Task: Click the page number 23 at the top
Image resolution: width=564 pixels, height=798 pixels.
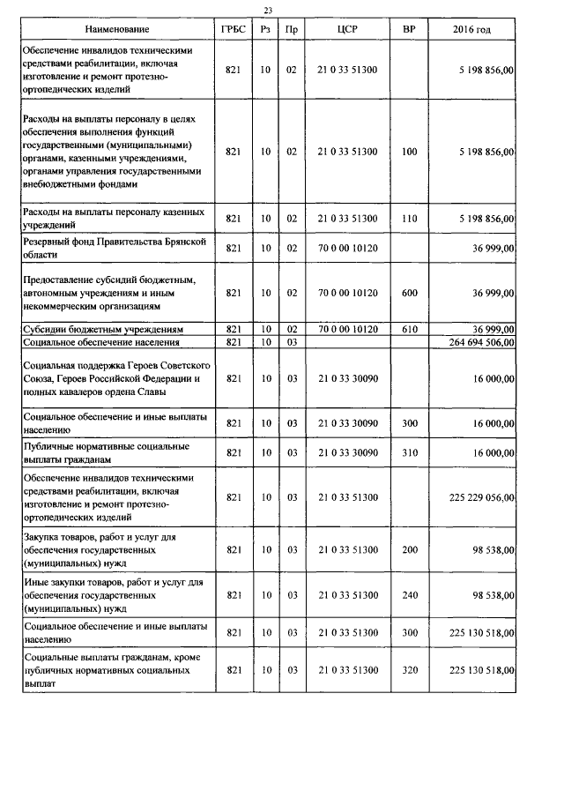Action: (x=269, y=10)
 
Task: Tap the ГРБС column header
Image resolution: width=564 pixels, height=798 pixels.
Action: (x=233, y=30)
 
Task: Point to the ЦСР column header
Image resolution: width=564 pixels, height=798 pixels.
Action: (x=347, y=30)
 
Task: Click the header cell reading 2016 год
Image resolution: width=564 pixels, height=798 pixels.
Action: (x=471, y=30)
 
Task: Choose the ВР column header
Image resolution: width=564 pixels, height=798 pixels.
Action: (x=409, y=30)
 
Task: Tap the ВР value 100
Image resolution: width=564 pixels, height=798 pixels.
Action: (x=409, y=152)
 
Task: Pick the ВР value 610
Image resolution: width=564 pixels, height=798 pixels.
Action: (x=409, y=329)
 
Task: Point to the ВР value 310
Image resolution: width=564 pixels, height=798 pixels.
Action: (x=409, y=452)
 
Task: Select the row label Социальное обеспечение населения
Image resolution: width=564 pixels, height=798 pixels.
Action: (x=103, y=342)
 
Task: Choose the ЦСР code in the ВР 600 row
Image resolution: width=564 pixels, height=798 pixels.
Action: (x=347, y=292)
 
